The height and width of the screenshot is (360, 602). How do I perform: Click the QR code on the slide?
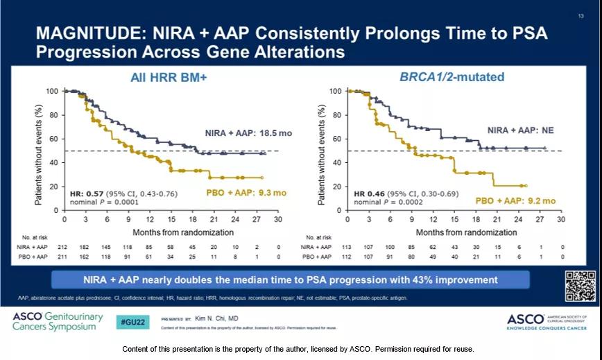click(x=580, y=285)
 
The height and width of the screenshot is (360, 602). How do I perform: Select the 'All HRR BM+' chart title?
click(x=169, y=78)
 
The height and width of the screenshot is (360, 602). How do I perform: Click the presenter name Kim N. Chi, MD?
click(x=216, y=320)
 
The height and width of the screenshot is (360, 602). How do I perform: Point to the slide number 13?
click(x=580, y=16)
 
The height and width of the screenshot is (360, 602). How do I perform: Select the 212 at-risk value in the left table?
click(x=64, y=246)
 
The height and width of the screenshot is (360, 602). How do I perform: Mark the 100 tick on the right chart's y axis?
click(x=335, y=91)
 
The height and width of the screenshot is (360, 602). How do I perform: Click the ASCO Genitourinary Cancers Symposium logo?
click(x=58, y=322)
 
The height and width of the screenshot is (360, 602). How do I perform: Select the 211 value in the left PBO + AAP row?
click(x=64, y=257)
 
